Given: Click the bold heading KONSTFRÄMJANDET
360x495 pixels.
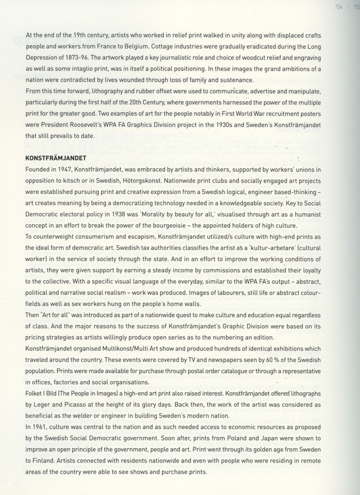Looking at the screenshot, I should pyautogui.click(x=56, y=159).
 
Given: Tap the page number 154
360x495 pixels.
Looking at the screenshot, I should pyautogui.click(x=339, y=7).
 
